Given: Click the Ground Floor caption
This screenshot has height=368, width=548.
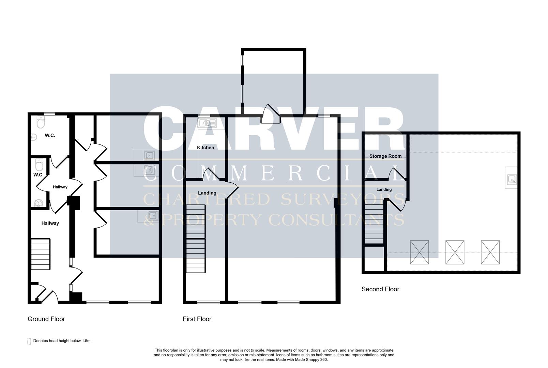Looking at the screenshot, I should (x=46, y=319).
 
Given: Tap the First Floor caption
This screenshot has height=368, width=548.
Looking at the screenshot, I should (x=197, y=319).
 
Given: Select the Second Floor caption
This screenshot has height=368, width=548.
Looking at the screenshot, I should (x=380, y=289).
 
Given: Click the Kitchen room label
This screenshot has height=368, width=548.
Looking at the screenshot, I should (x=205, y=148).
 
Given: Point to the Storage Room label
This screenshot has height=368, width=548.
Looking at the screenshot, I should (x=385, y=156).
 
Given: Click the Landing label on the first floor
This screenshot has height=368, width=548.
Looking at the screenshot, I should (x=207, y=193).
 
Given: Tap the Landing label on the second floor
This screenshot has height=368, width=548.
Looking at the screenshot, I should (x=384, y=189).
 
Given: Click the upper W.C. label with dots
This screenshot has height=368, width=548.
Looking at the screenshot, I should (x=50, y=135).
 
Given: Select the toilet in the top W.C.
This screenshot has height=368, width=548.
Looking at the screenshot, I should (x=41, y=122).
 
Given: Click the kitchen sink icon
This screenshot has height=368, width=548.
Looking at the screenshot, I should (x=207, y=123).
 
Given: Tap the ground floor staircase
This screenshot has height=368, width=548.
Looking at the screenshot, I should (x=41, y=254).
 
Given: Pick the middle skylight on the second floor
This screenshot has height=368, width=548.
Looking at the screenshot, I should (x=455, y=252).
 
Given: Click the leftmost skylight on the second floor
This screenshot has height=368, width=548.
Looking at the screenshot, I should (x=420, y=252).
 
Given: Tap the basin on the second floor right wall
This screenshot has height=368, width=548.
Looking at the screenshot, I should (x=511, y=179).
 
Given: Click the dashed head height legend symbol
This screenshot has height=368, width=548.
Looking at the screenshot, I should (x=29, y=341).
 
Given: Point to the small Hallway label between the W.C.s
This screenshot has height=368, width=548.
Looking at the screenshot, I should (x=60, y=187).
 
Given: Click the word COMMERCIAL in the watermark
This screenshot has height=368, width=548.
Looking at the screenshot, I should (x=273, y=174).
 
